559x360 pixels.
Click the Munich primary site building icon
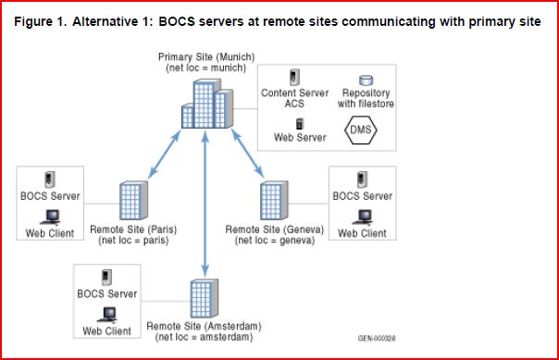(204, 105)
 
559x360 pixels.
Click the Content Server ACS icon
(295, 78)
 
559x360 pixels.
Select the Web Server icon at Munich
(298, 123)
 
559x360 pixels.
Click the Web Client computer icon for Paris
(50, 217)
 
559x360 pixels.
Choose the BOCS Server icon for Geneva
(362, 180)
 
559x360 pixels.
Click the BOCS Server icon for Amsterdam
(106, 277)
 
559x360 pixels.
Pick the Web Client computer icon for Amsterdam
(106, 315)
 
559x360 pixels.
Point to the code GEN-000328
(377, 338)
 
